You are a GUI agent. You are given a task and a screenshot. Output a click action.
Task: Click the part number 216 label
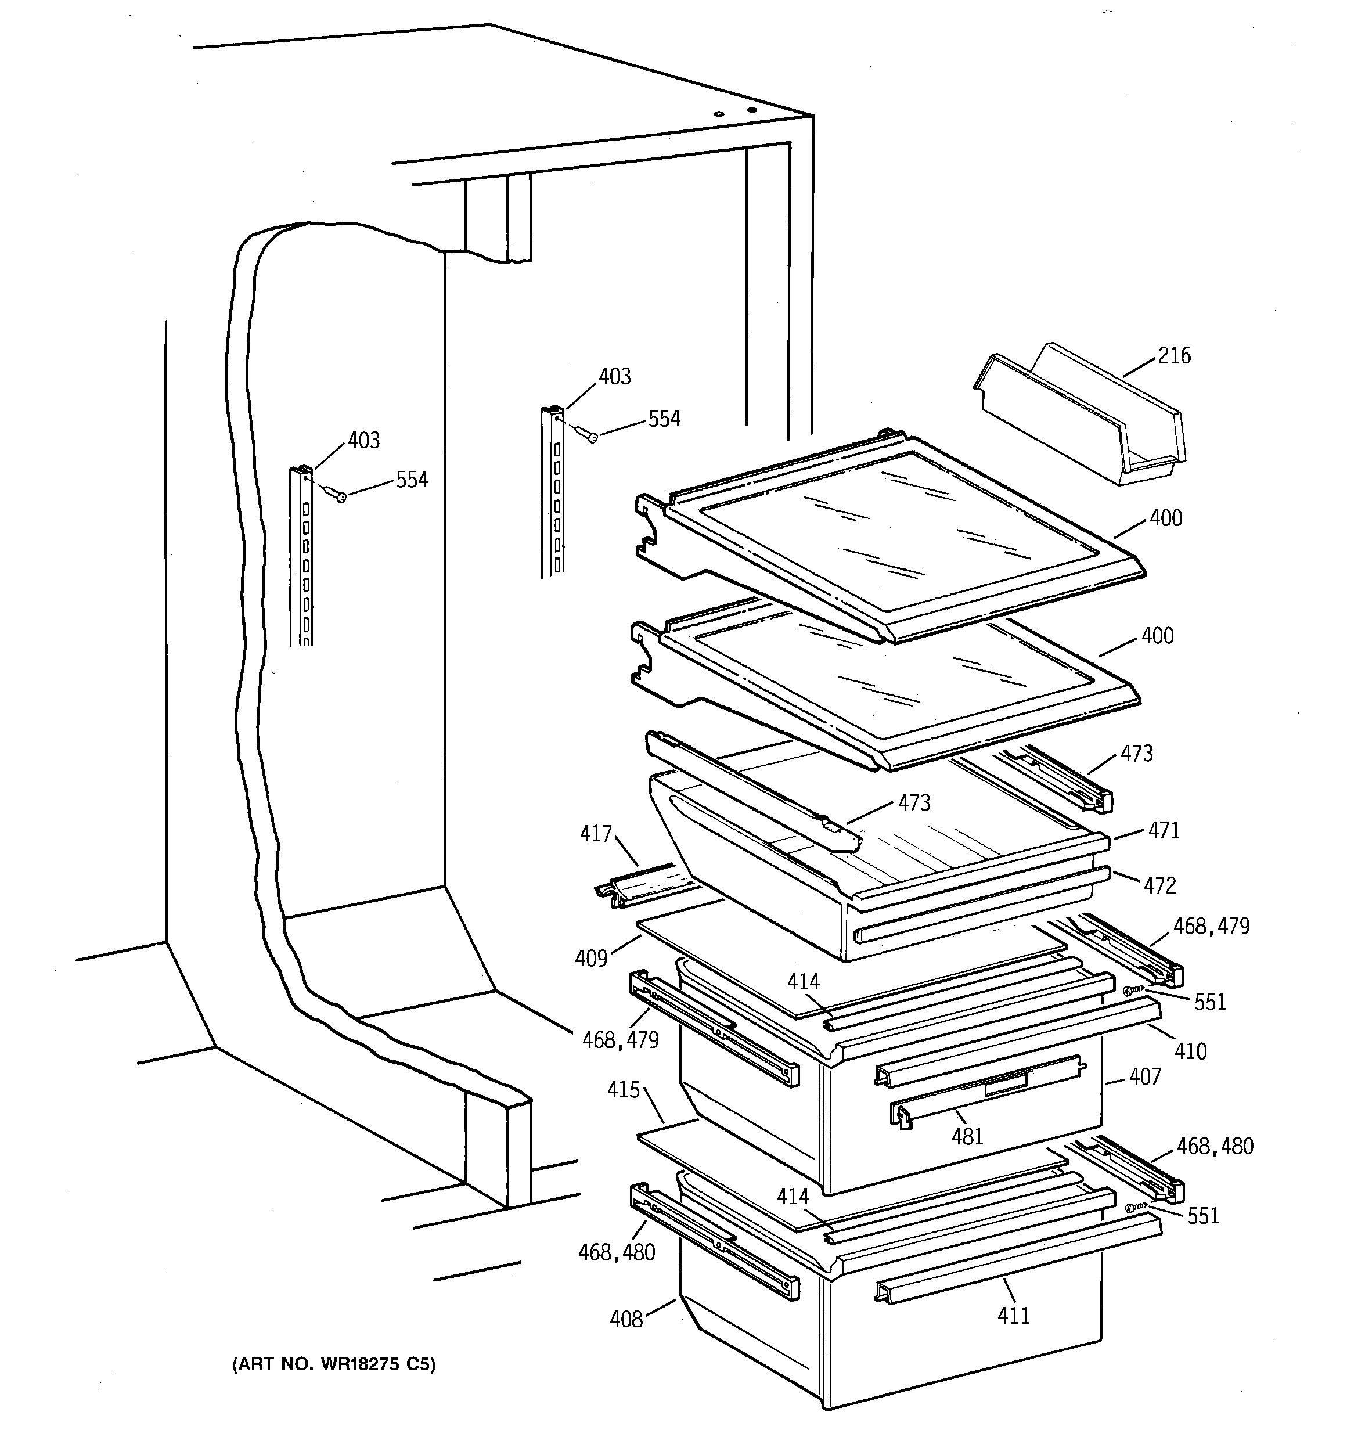(1174, 356)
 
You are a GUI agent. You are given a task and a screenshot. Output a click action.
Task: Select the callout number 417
(596, 834)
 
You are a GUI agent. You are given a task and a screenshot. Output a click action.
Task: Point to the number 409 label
(590, 959)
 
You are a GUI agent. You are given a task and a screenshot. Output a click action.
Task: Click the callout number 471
(1164, 830)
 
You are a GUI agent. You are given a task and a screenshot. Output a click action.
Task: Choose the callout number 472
(1159, 885)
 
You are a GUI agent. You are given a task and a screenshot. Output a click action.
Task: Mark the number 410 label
(1190, 1051)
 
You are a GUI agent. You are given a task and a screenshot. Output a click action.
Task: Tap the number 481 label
(967, 1137)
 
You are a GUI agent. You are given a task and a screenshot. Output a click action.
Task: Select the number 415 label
(623, 1089)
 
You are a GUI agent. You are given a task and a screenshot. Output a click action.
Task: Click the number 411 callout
(1013, 1316)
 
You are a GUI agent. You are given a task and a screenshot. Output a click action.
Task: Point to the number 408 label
(626, 1320)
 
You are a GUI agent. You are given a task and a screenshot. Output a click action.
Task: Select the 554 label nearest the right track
(664, 419)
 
